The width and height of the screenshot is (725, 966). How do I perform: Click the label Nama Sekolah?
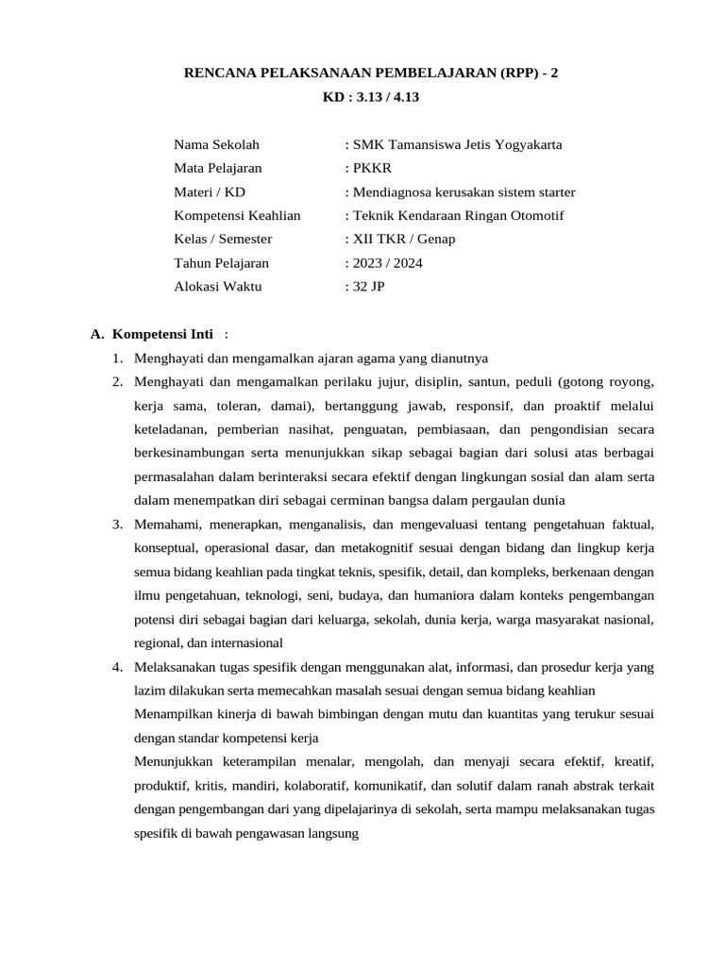click(216, 144)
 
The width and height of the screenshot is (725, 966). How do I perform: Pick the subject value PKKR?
click(368, 168)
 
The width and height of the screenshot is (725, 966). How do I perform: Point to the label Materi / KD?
click(209, 192)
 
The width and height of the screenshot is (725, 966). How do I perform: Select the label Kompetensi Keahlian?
click(237, 215)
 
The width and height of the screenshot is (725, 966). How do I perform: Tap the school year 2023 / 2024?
click(386, 262)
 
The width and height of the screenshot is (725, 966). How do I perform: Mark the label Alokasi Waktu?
click(218, 286)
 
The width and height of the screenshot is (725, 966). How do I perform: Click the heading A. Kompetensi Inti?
click(159, 334)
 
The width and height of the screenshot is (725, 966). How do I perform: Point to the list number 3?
click(116, 524)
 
